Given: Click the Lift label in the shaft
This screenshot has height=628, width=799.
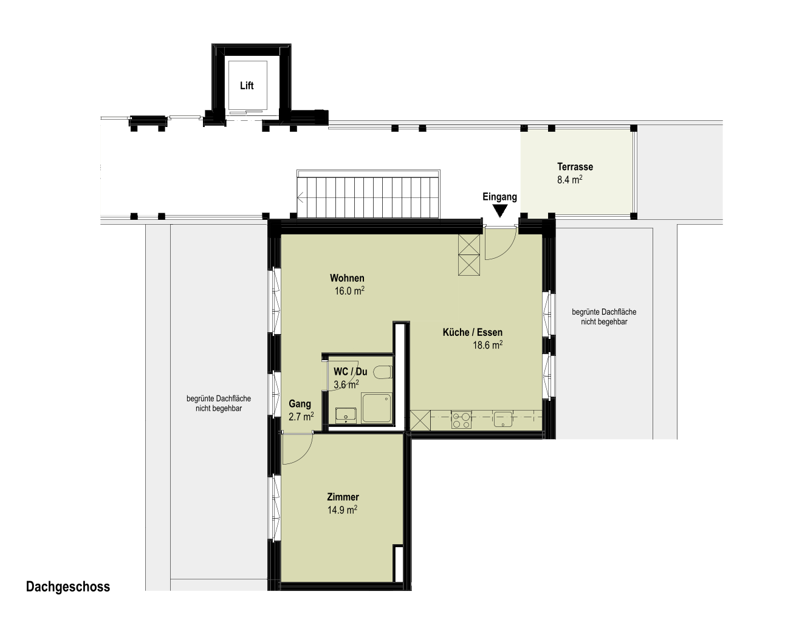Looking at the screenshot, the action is [247, 86].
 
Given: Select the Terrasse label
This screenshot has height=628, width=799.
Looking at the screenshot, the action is [575, 166].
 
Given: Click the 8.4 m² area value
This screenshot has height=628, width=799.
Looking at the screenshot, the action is [569, 180].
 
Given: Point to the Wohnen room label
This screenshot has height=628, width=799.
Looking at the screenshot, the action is [347, 278].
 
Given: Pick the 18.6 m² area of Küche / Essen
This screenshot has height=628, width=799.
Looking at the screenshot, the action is [487, 345].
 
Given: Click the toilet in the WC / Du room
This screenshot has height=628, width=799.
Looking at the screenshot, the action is [382, 372].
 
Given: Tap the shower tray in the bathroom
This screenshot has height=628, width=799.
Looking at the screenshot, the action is [377, 408].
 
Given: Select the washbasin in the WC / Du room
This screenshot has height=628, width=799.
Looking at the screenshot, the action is [346, 415].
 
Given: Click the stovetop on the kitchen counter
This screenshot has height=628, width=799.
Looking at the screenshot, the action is [461, 420].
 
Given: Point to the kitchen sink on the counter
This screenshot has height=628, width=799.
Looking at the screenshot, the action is [503, 420].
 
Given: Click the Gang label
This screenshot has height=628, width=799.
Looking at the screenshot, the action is [300, 404].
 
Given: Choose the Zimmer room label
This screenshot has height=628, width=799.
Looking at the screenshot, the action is [343, 497].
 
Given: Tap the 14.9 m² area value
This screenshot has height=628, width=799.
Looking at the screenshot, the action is [342, 510].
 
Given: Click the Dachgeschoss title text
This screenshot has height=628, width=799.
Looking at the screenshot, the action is [68, 587].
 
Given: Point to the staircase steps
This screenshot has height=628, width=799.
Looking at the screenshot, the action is [368, 197].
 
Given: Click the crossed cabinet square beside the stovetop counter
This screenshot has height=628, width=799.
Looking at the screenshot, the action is [420, 420].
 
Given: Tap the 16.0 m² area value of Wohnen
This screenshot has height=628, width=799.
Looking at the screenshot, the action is [349, 291].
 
